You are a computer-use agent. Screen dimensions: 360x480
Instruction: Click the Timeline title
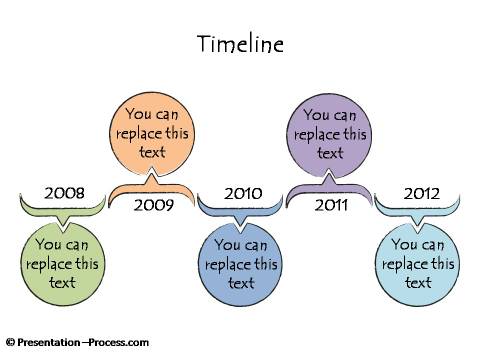point(240,45)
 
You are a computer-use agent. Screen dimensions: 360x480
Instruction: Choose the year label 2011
point(331,206)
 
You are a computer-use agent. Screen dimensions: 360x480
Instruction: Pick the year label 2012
point(421,192)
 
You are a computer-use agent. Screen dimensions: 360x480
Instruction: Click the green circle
point(62,263)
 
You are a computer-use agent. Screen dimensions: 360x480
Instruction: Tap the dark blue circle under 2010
point(241,263)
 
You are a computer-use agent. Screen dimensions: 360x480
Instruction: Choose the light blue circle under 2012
point(419,263)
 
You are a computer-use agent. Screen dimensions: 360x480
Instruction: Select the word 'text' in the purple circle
point(330,153)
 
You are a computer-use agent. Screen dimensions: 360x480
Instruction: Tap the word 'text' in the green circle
point(62,282)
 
